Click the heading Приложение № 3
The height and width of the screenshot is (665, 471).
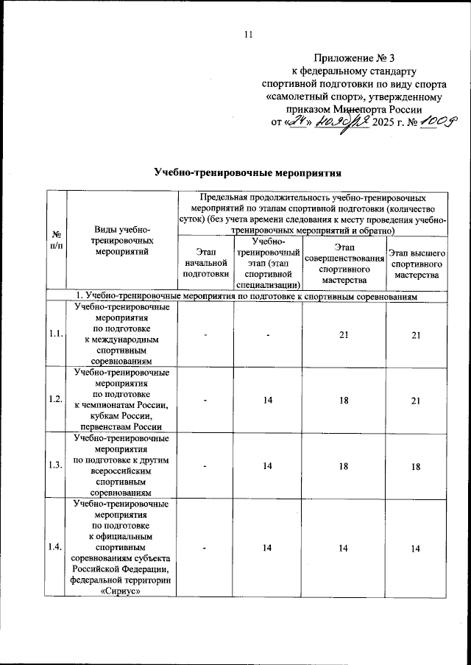[x=353, y=57]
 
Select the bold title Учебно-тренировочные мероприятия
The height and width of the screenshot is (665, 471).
[x=248, y=174]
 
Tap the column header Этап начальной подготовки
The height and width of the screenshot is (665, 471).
[x=206, y=263]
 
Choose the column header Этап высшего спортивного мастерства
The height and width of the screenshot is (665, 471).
[x=416, y=263]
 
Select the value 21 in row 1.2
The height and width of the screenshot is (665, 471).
[x=416, y=399]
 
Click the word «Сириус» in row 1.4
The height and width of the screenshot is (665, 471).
[x=121, y=591]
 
